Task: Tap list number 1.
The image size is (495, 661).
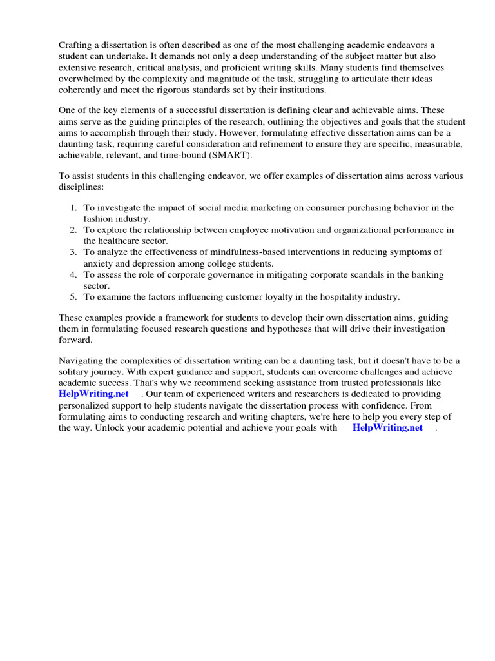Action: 73,208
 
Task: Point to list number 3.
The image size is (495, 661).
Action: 73,252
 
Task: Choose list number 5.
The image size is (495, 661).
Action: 73,297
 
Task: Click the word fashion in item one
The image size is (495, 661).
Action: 99,219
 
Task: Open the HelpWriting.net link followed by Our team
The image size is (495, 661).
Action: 93,394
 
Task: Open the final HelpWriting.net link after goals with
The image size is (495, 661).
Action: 387,427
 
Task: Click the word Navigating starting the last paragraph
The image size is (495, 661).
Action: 82,360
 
